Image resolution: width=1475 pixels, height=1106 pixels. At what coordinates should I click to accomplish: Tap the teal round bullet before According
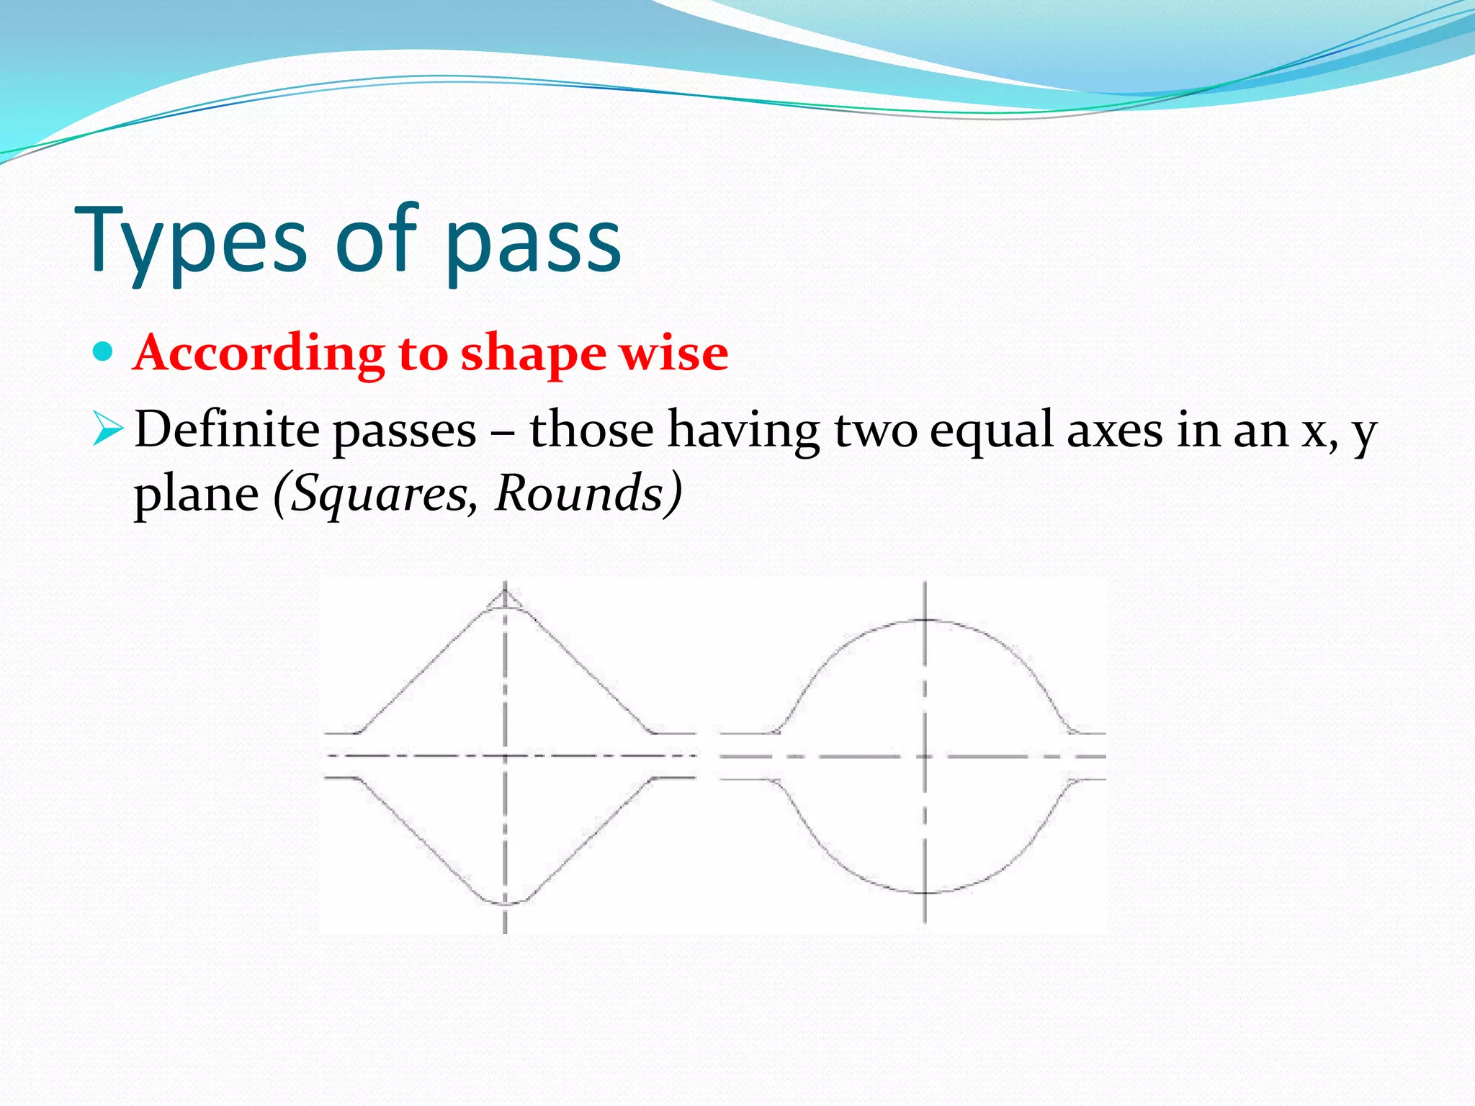[x=104, y=352]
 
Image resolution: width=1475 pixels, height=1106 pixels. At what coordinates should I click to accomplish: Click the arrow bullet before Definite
[x=108, y=431]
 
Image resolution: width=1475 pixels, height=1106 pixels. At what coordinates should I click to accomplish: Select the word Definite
[x=227, y=430]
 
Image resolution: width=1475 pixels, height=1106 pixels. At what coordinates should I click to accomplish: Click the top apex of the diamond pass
[x=505, y=592]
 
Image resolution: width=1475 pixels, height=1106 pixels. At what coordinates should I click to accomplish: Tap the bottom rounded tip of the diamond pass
[x=505, y=902]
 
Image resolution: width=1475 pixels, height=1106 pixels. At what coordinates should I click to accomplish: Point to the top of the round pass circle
[x=925, y=619]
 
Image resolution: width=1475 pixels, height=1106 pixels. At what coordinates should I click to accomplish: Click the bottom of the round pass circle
[x=925, y=893]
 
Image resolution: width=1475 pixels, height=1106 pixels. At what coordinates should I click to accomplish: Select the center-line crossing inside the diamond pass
[x=505, y=756]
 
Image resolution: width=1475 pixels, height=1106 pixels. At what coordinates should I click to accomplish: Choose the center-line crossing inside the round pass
[x=925, y=757]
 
